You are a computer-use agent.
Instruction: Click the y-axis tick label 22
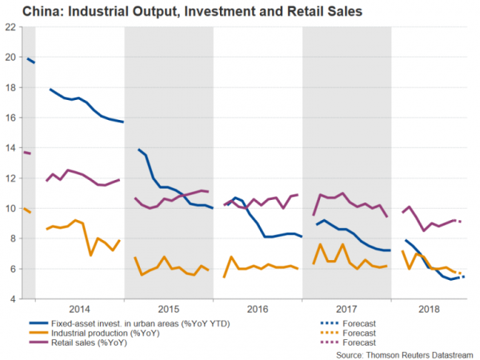pos(10,26)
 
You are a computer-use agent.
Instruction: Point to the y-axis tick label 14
pos(10,148)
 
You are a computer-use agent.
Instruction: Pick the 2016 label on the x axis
pos(258,307)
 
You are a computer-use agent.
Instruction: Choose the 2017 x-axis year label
pos(346,307)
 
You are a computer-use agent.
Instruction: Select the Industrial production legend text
pos(108,333)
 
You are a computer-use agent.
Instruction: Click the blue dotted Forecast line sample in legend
pos(324,322)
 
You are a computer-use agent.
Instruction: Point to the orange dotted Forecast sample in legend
pos(324,333)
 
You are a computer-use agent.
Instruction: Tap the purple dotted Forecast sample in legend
pos(324,343)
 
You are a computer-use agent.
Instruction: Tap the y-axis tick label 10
pos(10,209)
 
